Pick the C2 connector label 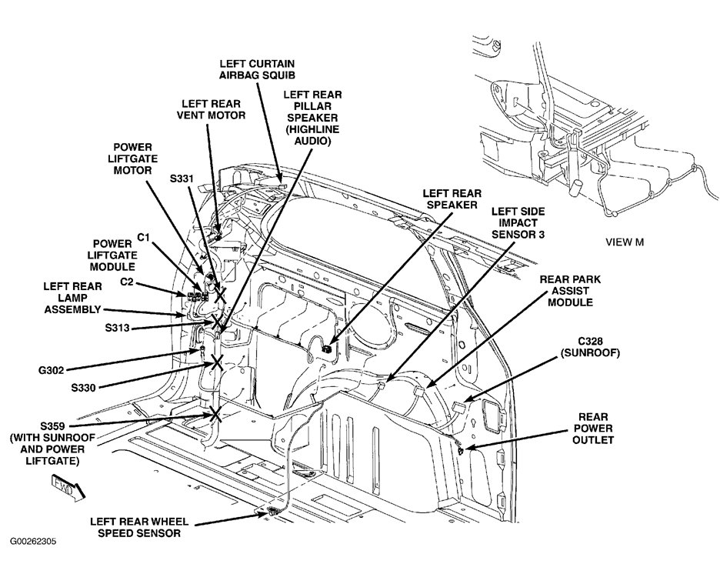coord(128,282)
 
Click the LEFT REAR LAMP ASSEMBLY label coord(72,297)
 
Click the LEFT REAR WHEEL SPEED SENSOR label coord(135,526)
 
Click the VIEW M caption coord(625,242)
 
